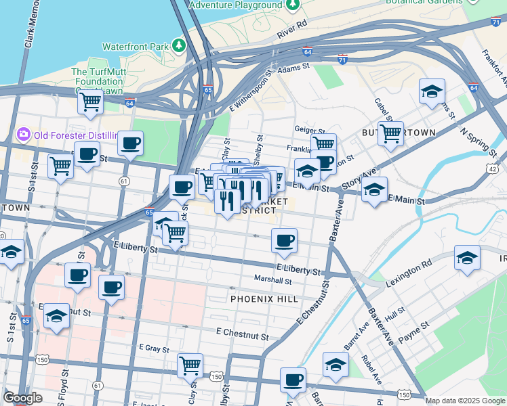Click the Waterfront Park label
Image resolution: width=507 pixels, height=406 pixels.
[134, 47]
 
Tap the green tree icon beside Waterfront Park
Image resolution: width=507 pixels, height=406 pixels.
[179, 45]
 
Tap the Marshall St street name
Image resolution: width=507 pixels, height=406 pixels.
[272, 279]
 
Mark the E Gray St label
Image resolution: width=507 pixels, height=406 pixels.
[153, 348]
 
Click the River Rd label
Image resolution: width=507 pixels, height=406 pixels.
[292, 28]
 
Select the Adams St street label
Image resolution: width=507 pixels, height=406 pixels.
[293, 68]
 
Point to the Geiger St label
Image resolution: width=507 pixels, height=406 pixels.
[306, 129]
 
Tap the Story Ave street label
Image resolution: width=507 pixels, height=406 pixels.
[359, 179]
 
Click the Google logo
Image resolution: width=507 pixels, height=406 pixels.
[22, 398]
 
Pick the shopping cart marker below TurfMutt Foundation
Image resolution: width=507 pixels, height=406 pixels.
[89, 102]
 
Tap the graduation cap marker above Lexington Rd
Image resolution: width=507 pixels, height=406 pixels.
[466, 258]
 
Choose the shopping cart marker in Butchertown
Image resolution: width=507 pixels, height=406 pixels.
[390, 134]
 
